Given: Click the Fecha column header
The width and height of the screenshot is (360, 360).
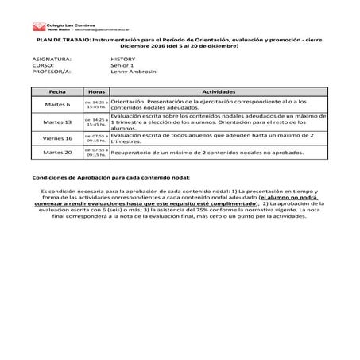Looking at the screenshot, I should (x=56, y=92).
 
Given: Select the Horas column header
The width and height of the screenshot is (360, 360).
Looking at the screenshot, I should (x=96, y=92).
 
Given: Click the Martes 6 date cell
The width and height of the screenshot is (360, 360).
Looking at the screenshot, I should (x=56, y=105).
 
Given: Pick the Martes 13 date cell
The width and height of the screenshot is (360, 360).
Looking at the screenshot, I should (x=56, y=122).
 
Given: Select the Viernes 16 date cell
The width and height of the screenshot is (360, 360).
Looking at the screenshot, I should (x=56, y=138).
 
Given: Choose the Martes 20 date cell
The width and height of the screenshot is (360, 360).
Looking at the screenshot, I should (x=56, y=151).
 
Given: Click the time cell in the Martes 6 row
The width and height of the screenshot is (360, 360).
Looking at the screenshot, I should (x=96, y=105).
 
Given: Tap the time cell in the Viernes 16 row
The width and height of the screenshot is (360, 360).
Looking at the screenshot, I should (x=96, y=138).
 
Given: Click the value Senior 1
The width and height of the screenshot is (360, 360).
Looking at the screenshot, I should (x=125, y=66).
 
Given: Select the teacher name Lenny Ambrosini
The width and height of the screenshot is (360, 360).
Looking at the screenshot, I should (x=135, y=72).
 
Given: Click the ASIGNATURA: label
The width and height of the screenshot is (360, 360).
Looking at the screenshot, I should (x=52, y=60).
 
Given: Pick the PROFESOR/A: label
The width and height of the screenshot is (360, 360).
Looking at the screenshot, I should (x=50, y=72).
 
